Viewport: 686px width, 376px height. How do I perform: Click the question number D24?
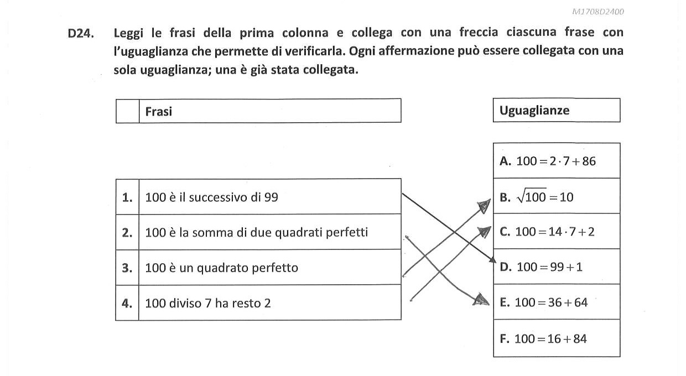click(x=81, y=33)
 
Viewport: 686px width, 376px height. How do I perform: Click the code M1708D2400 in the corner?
click(x=598, y=12)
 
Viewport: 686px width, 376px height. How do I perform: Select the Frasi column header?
click(x=158, y=112)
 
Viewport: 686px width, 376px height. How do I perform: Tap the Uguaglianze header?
click(x=534, y=110)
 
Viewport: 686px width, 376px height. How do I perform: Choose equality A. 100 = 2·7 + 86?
click(x=548, y=161)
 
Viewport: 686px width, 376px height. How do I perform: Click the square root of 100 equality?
click(x=536, y=196)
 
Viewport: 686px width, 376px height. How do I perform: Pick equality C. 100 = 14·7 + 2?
click(x=547, y=232)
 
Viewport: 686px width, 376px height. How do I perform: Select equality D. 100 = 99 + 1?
click(x=541, y=267)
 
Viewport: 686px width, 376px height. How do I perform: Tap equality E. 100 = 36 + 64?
click(x=544, y=302)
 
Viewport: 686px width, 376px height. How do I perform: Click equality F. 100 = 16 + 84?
click(x=543, y=338)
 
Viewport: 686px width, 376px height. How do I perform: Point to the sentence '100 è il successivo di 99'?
click(x=212, y=197)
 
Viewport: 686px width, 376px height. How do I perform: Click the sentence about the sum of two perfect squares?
click(x=256, y=232)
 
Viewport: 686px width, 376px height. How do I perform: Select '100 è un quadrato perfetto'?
click(x=221, y=268)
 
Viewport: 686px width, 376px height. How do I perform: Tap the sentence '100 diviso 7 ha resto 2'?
click(x=208, y=303)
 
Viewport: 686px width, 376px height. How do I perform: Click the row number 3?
click(x=127, y=268)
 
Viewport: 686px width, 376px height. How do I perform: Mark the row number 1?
click(x=127, y=197)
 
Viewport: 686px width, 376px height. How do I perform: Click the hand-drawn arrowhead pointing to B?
click(x=485, y=206)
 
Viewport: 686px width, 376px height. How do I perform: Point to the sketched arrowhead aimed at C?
click(x=485, y=232)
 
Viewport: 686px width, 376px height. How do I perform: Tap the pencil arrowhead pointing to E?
click(x=481, y=300)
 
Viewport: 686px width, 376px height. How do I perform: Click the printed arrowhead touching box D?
click(x=492, y=260)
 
